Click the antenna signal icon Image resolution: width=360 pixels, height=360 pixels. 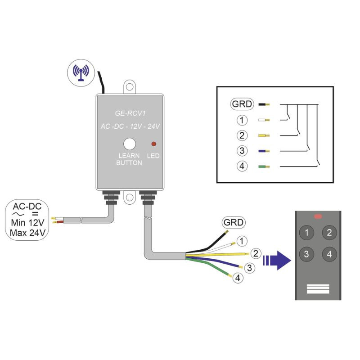[81, 73]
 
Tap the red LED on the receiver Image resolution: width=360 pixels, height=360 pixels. [153, 144]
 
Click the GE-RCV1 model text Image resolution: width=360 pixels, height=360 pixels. [130, 113]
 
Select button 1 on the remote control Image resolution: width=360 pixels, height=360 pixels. [306, 233]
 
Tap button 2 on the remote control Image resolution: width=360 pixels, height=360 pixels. [329, 233]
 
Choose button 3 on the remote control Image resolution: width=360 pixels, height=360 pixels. [306, 254]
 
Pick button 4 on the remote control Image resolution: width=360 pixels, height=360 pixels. [329, 254]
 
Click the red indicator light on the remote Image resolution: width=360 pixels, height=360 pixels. [318, 216]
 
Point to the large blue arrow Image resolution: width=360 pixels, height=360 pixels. [277, 261]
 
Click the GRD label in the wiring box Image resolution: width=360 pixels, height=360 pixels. [242, 104]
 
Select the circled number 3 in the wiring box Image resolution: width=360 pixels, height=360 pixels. [242, 151]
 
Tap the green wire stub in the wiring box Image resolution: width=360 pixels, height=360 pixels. [264, 166]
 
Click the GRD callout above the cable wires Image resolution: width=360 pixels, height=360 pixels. [234, 222]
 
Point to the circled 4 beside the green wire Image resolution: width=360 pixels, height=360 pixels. [238, 278]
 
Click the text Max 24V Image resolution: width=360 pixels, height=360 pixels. [27, 233]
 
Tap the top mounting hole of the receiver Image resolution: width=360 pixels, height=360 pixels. [130, 87]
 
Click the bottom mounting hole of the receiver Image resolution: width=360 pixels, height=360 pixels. [130, 197]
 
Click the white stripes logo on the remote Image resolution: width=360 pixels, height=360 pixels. [318, 289]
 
